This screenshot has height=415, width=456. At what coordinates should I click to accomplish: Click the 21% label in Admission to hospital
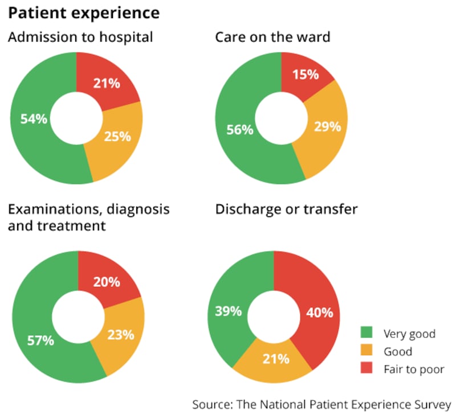point(107,83)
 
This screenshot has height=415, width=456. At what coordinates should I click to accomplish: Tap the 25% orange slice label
point(118,136)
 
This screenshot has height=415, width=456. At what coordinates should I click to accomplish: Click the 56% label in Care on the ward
point(239,130)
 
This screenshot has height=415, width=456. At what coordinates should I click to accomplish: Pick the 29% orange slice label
point(328,126)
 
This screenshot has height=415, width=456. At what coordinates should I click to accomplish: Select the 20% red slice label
point(107,282)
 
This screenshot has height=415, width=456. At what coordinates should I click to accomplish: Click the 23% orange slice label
point(121,334)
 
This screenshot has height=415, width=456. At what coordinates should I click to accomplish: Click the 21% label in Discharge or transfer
point(276,359)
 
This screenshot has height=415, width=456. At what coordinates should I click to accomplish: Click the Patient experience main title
point(83,13)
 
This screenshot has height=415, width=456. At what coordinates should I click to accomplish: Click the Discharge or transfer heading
point(286,209)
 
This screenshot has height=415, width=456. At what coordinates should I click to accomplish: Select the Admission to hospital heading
point(80,38)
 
